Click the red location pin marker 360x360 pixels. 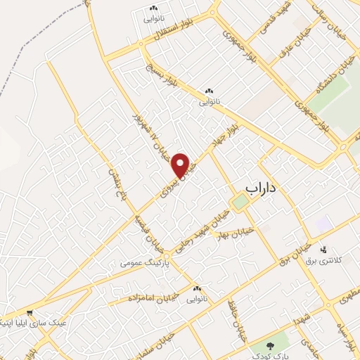pos(181,164)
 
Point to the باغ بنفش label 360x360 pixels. pos(112,181)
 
